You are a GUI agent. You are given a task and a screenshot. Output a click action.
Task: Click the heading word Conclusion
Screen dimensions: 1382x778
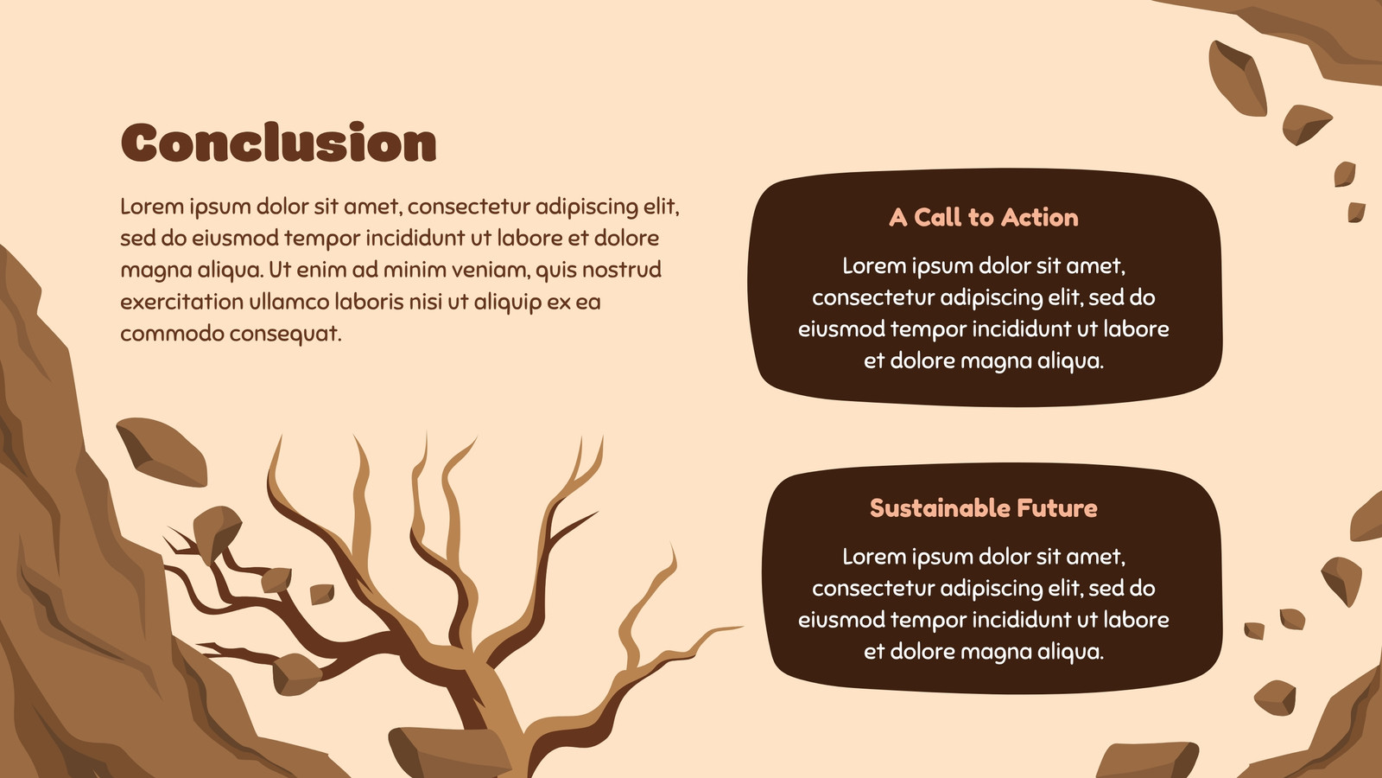coord(279,143)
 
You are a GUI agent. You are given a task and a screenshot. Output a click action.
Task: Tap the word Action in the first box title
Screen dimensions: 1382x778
coord(1040,217)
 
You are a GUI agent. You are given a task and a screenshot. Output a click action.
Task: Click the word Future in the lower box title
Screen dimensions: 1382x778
coord(1057,508)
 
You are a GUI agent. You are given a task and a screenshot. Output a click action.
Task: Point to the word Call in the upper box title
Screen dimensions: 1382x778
coord(938,217)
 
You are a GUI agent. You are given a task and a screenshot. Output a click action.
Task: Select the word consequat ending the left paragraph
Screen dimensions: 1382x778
coord(286,335)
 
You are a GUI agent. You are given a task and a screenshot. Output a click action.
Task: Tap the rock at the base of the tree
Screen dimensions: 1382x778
coord(449,752)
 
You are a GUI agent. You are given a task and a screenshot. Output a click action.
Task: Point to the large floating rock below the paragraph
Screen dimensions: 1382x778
coord(162,451)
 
